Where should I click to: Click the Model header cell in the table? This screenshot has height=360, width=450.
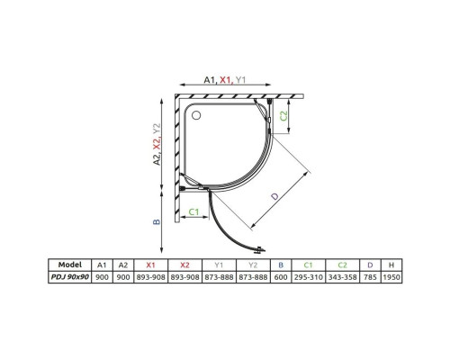point(70,265)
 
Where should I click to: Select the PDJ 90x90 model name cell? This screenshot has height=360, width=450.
point(70,280)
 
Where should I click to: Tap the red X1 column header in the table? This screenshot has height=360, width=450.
point(151,265)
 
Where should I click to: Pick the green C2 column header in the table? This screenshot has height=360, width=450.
point(342,265)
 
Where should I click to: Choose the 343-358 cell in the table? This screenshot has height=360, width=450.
point(342,280)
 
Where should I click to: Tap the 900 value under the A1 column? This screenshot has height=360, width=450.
point(103,280)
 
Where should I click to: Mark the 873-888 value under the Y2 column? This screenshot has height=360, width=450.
point(253,280)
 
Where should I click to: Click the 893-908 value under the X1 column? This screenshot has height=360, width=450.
point(151,280)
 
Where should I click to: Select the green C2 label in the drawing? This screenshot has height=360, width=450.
point(284,114)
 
